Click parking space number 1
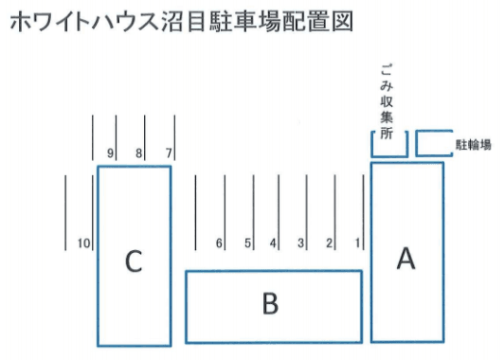(x=358, y=243)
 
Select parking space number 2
(x=330, y=243)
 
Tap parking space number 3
(x=300, y=243)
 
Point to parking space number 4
(x=273, y=243)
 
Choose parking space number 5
(x=247, y=243)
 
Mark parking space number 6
(x=219, y=243)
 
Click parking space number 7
(x=169, y=153)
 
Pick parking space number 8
(x=139, y=153)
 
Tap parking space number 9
(x=111, y=153)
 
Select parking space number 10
(x=83, y=243)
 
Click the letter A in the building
(x=405, y=258)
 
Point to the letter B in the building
(x=270, y=303)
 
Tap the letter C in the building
(x=134, y=261)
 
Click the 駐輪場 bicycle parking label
(x=473, y=145)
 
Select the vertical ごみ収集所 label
(x=386, y=100)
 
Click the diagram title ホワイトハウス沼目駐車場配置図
(x=180, y=23)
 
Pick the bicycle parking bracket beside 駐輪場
(x=434, y=142)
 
